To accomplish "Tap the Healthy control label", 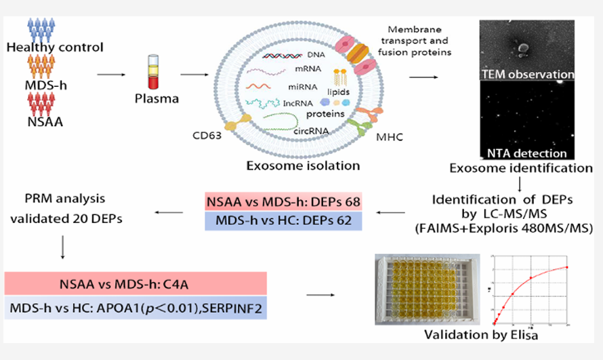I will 55,47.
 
